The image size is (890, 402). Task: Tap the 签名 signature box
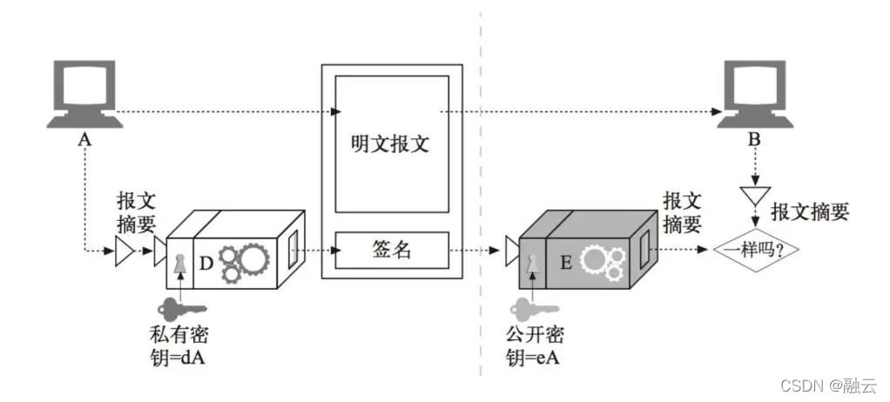pyautogui.click(x=390, y=251)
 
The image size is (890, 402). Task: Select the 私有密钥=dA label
pyautogui.click(x=179, y=345)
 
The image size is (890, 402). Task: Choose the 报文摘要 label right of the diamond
pyautogui.click(x=810, y=211)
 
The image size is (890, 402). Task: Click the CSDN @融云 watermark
pyautogui.click(x=827, y=385)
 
